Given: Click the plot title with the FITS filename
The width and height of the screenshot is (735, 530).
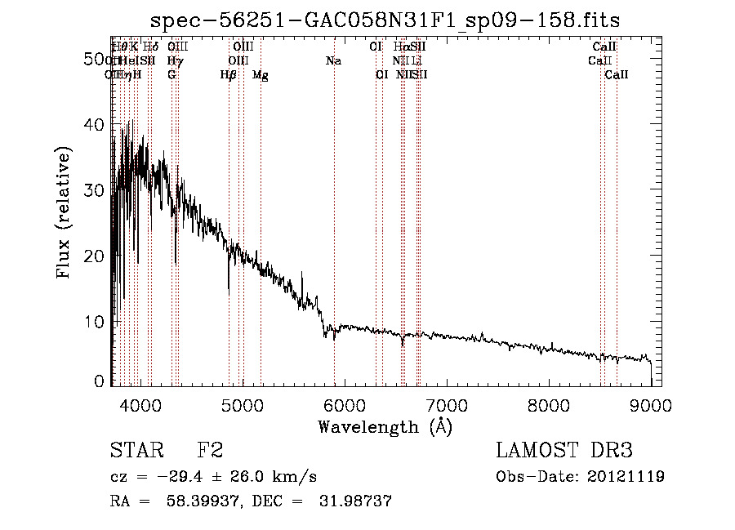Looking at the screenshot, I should [x=386, y=20].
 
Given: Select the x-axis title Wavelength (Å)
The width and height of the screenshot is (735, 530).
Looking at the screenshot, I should [x=385, y=426].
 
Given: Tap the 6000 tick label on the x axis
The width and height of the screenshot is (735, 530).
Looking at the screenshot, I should [x=344, y=403].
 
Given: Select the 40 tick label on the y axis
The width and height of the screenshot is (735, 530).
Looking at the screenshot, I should [x=96, y=125].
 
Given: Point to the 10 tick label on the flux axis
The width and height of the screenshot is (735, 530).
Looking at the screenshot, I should [x=96, y=322].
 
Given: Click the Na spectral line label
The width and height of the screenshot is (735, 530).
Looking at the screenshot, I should [x=333, y=61].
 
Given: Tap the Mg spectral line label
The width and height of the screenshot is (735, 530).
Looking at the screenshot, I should [x=261, y=75].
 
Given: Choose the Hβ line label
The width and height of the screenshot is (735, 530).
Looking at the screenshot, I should [x=229, y=75].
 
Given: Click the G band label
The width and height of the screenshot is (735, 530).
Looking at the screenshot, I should [x=171, y=75].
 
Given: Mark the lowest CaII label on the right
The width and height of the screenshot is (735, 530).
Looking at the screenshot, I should [x=617, y=75].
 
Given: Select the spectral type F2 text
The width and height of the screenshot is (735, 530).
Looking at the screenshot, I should [x=210, y=452].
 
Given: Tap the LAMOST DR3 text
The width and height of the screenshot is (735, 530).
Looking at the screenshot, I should [x=563, y=452].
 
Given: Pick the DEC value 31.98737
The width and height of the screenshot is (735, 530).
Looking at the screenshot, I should [x=355, y=502].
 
